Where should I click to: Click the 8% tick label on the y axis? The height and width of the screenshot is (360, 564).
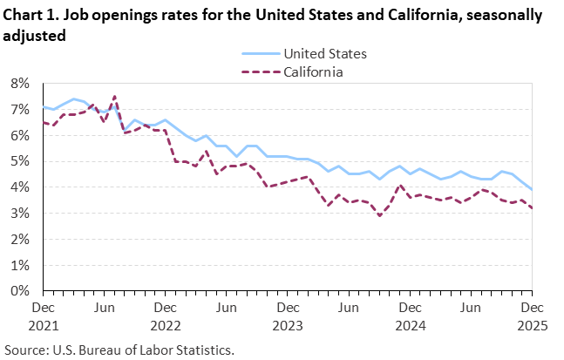[x=21, y=84]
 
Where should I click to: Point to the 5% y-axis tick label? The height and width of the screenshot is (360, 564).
[x=21, y=161]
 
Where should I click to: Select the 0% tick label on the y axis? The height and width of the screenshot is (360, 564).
[x=21, y=291]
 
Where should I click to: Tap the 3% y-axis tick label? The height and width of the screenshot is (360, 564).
[x=21, y=214]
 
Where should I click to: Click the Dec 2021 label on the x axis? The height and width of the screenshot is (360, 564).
[x=44, y=315]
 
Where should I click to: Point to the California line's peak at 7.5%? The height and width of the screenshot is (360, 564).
[x=114, y=97]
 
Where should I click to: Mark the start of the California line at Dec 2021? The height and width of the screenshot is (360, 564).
[x=44, y=123]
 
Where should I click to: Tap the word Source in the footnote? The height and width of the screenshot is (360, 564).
[x=27, y=350]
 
